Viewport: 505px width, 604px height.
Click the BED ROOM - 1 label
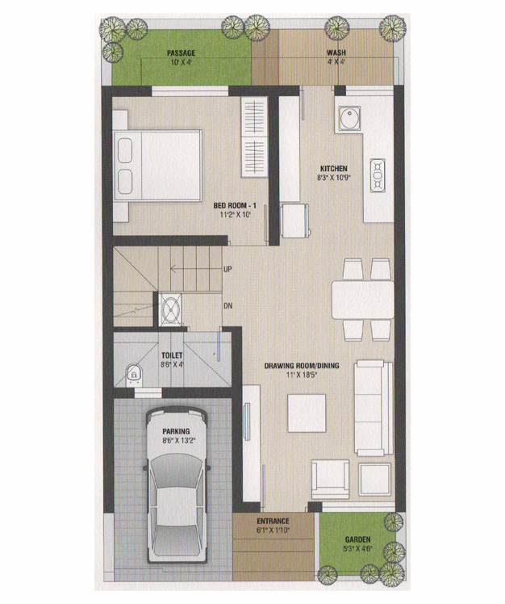pos(235,205)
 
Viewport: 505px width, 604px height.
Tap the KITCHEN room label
pos(334,168)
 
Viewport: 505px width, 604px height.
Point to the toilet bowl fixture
pos(134,374)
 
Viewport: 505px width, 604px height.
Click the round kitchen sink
pos(349,119)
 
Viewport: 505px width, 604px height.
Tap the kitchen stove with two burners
pos(377,175)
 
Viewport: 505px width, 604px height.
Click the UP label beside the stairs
pos(227,269)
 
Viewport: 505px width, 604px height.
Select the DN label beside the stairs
pos(227,306)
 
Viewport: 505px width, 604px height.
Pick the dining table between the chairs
pos(362,300)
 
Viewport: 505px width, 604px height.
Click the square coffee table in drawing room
pos(307,413)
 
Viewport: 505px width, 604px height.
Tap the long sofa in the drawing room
pos(374,408)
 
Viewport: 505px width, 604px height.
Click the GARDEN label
pos(357,539)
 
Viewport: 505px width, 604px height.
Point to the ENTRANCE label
pos(273,521)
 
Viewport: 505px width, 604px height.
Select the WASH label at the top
pos(336,52)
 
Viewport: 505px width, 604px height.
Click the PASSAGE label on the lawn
pos(181,52)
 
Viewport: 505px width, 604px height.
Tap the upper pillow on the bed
pos(125,150)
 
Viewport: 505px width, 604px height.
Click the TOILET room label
pos(172,355)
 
